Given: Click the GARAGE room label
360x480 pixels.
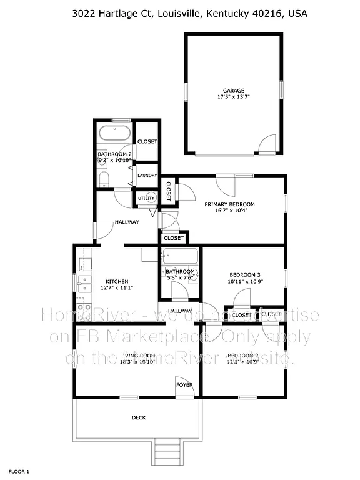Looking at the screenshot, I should [x=234, y=91].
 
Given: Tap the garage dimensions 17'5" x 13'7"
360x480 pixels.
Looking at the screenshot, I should [x=234, y=97].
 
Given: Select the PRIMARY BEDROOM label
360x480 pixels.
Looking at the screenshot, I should [x=230, y=204].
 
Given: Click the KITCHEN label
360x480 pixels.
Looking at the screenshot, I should [x=117, y=281].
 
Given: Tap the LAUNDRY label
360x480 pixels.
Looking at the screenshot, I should [x=147, y=175].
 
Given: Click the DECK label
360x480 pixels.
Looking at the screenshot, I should [x=138, y=417].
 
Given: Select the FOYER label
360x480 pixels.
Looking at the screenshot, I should [x=184, y=384].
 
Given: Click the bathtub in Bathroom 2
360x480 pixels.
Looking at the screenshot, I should [x=114, y=133].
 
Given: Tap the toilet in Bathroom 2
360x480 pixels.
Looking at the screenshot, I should [x=104, y=180].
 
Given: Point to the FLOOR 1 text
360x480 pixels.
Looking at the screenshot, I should [x=19, y=471].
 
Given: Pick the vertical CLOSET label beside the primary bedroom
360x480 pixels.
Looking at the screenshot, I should [x=169, y=191].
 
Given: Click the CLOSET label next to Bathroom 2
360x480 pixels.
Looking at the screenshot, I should [x=147, y=141].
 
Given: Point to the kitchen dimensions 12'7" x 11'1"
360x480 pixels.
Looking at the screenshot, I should [x=117, y=287].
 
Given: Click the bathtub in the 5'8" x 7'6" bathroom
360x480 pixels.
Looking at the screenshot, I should [x=179, y=256].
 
